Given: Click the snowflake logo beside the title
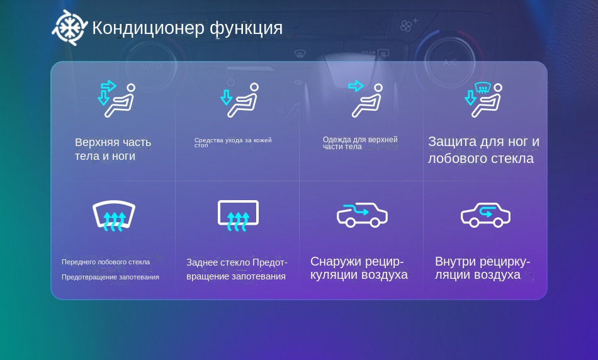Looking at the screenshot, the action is click(x=70, y=28).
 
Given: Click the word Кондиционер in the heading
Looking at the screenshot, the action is click(x=149, y=28).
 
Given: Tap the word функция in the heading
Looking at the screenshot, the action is click(x=246, y=28).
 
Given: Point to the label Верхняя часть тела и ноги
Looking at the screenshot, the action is click(x=113, y=149).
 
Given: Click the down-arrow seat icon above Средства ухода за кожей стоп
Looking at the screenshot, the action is click(x=239, y=100).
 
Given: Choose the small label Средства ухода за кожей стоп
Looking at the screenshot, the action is click(x=233, y=142).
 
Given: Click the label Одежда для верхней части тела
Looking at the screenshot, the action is click(x=360, y=143).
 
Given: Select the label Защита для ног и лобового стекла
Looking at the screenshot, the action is click(x=483, y=150).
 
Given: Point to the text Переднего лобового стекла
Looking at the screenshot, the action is click(x=106, y=262).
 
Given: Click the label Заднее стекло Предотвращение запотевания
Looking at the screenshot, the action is click(x=237, y=269).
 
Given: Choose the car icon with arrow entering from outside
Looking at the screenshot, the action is click(x=362, y=215).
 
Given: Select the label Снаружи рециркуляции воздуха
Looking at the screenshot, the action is click(x=359, y=268).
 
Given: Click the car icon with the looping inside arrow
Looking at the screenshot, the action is click(x=485, y=215).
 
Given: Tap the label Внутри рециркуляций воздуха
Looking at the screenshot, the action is click(x=482, y=268).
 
